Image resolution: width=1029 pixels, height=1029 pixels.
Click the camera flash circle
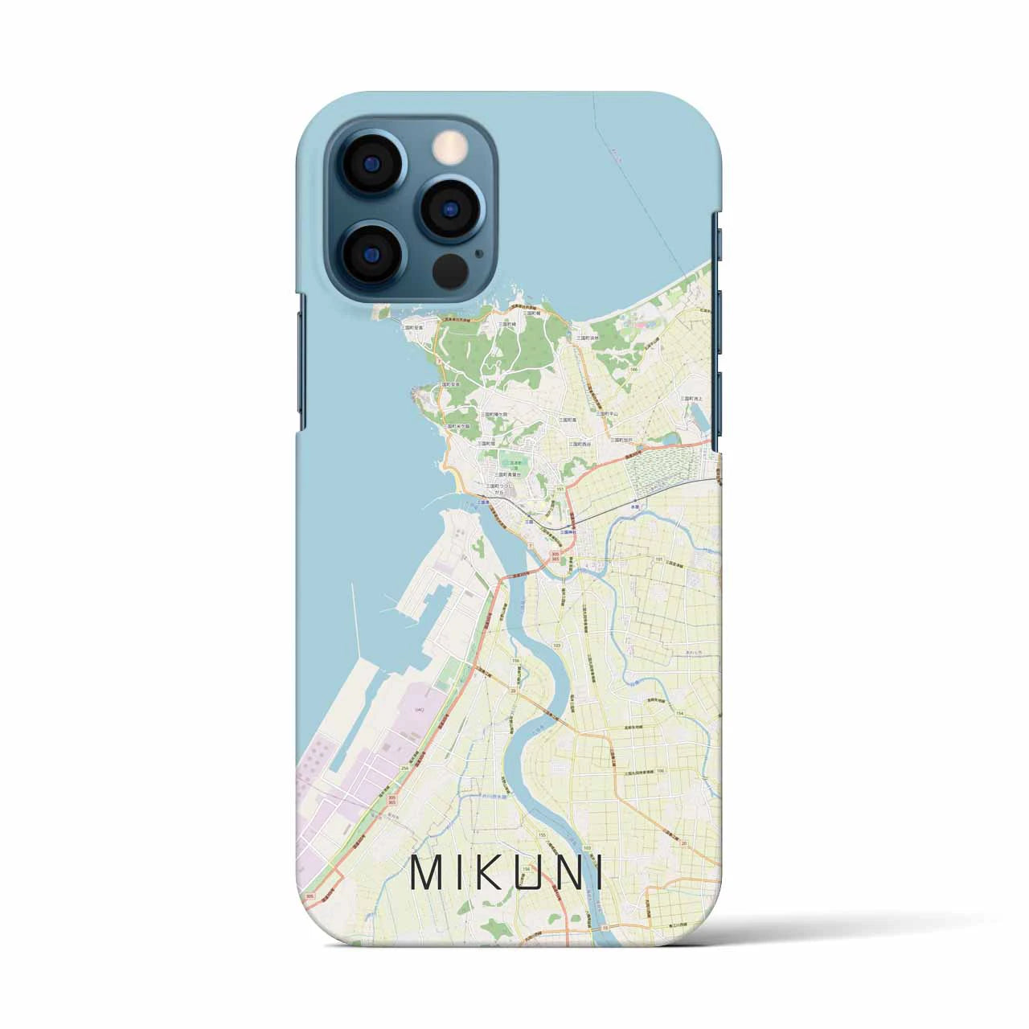(450, 147)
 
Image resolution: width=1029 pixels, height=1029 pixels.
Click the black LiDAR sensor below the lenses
(450, 272)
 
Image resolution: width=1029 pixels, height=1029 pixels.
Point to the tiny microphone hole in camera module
(480, 252)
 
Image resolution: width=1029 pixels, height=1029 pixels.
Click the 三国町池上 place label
(693, 399)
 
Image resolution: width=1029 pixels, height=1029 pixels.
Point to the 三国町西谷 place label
(580, 443)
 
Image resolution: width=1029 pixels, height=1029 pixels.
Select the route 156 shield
(515, 660)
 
